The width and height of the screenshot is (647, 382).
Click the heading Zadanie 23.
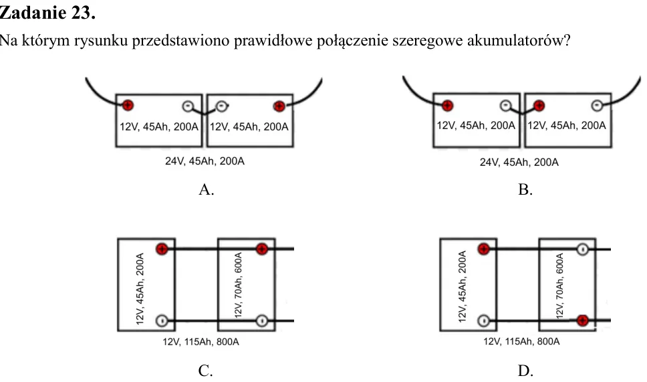[47, 13]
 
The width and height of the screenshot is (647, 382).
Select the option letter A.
[206, 189]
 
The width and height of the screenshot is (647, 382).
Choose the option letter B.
[525, 189]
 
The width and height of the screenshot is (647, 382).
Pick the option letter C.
[205, 371]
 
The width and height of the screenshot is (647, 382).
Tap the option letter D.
[525, 371]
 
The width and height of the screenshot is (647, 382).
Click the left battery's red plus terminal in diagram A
[128, 105]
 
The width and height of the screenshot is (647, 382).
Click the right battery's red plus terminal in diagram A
[279, 106]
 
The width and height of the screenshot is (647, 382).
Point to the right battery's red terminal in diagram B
[539, 106]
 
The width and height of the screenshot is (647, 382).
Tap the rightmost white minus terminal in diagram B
[597, 106]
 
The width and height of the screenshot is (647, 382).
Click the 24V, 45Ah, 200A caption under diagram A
[205, 161]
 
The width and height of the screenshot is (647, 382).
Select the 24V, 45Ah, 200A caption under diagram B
[519, 163]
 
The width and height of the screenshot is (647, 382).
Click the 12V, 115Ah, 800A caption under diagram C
[201, 342]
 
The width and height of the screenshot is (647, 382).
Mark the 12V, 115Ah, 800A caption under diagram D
[521, 342]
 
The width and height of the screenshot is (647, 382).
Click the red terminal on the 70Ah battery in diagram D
[582, 320]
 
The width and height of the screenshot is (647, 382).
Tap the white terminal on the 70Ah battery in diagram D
[582, 250]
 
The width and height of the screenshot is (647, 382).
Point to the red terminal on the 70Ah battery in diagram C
[261, 249]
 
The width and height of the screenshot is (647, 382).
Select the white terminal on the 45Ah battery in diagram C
[162, 320]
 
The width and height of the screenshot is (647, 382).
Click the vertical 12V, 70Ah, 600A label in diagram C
[239, 286]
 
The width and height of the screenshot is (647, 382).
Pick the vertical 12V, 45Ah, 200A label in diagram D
[463, 286]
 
